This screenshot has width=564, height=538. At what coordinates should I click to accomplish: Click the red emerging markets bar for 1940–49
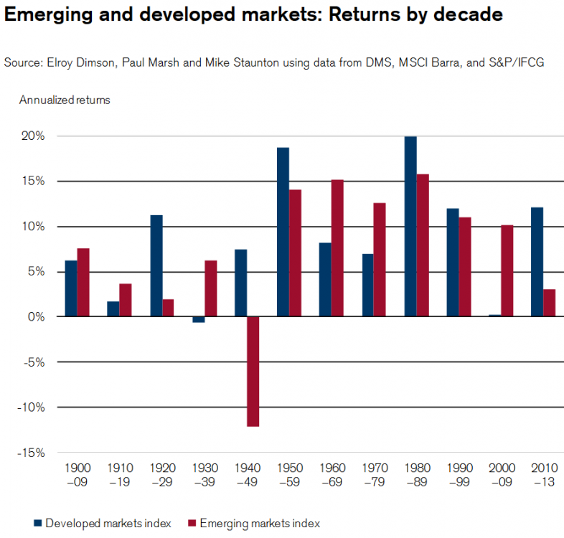(253, 372)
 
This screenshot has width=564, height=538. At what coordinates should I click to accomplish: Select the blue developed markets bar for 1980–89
(410, 227)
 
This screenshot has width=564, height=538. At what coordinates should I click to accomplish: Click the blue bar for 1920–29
(156, 266)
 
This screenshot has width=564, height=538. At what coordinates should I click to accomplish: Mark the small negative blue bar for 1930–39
(198, 319)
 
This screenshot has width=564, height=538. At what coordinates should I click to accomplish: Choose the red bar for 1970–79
(380, 260)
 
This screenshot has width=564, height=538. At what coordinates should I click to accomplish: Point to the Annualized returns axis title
(65, 100)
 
